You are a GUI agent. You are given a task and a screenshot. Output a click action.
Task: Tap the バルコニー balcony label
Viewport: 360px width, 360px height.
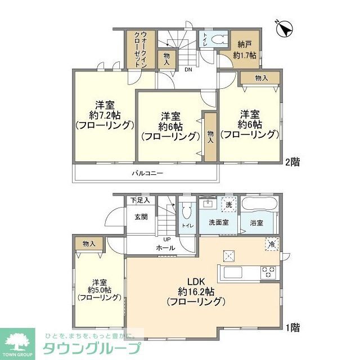148,173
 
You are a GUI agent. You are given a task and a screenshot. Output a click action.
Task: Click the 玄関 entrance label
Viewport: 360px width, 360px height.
141,217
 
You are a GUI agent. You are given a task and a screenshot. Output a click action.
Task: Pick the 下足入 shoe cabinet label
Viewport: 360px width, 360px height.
139,200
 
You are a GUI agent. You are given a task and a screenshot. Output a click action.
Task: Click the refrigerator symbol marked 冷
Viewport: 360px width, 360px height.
271,244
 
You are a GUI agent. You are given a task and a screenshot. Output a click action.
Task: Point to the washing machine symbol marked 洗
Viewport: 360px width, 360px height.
229,204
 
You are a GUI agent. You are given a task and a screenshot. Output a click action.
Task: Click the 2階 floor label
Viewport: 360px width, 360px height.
292,162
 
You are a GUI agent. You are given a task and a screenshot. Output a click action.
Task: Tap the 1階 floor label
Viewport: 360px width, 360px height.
292,327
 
